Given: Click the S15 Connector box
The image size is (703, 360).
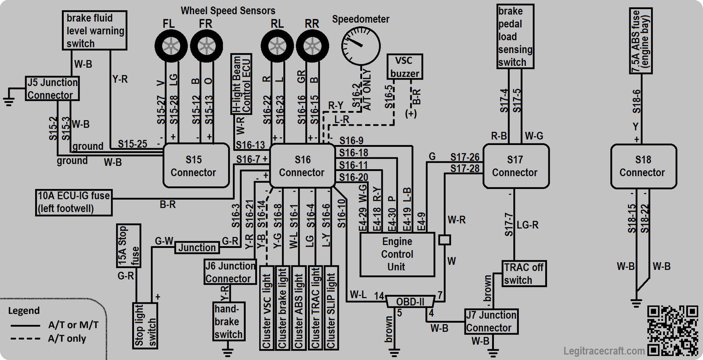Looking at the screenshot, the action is click(x=196, y=165).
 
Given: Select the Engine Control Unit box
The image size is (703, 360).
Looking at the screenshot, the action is click(x=397, y=254).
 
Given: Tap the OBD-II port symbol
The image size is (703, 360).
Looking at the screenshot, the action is click(x=410, y=302).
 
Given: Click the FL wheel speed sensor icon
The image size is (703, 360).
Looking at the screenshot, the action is click(x=171, y=46).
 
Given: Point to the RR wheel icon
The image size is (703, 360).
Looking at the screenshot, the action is click(x=312, y=46).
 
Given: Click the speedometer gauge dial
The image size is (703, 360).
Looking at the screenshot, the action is click(x=361, y=46).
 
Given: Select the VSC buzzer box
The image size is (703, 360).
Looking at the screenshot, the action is click(x=405, y=67).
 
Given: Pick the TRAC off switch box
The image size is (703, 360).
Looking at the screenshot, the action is click(x=524, y=273).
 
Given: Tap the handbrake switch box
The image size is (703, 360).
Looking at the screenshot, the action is click(x=228, y=321).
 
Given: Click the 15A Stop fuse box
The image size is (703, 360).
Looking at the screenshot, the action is click(x=128, y=246).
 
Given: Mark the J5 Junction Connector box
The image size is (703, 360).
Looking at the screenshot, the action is click(x=52, y=88).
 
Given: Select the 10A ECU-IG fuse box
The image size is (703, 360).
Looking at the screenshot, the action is click(x=74, y=203).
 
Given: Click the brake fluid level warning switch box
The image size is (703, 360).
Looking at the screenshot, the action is click(x=94, y=30).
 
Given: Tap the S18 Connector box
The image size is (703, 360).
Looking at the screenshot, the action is click(x=643, y=166).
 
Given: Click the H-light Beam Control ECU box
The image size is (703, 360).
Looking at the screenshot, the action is click(x=241, y=84).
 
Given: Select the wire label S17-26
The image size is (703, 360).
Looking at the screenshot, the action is click(x=465, y=156).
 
